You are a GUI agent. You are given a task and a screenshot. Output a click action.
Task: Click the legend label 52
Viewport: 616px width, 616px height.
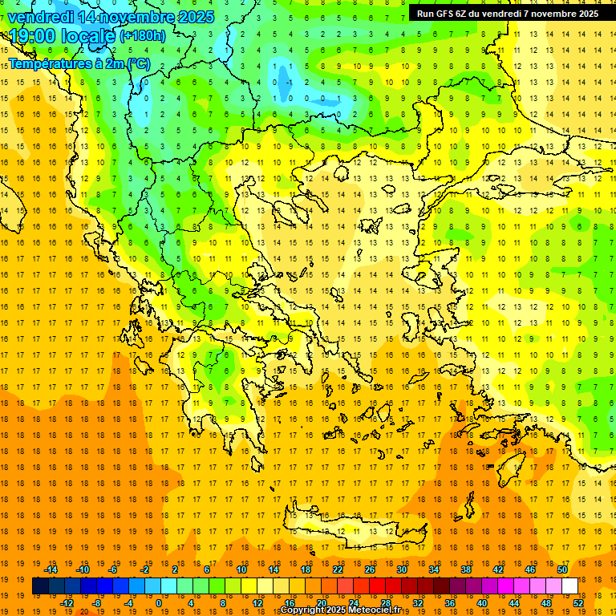(x=578, y=603)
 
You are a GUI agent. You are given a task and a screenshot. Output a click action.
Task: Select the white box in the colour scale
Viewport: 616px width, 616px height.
(x=569, y=586)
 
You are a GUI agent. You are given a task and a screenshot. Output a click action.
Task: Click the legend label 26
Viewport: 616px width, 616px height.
(x=370, y=569)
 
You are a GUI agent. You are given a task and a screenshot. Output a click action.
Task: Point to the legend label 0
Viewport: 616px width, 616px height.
(x=158, y=603)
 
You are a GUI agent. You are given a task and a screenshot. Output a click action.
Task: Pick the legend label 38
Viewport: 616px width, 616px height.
(x=466, y=569)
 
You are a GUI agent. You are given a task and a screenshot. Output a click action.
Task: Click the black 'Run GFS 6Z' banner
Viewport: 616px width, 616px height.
(x=508, y=14)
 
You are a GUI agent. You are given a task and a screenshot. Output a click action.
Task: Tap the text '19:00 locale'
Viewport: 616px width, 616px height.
(x=62, y=36)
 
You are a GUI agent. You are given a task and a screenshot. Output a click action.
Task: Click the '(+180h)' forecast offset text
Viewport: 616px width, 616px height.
(x=143, y=36)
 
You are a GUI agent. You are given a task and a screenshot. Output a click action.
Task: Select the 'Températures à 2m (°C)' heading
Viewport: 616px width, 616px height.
(x=79, y=63)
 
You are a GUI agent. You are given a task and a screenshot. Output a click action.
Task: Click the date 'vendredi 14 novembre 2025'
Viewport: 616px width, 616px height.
(x=111, y=16)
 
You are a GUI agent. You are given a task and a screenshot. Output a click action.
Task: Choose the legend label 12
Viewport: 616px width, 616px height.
(x=257, y=603)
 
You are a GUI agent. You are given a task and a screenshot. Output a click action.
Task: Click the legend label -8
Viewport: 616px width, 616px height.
(x=97, y=603)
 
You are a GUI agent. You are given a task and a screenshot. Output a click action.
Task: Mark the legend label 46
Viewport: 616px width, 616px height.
(x=530, y=569)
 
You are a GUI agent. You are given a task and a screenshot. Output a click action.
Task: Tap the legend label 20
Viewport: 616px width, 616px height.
(x=322, y=603)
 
